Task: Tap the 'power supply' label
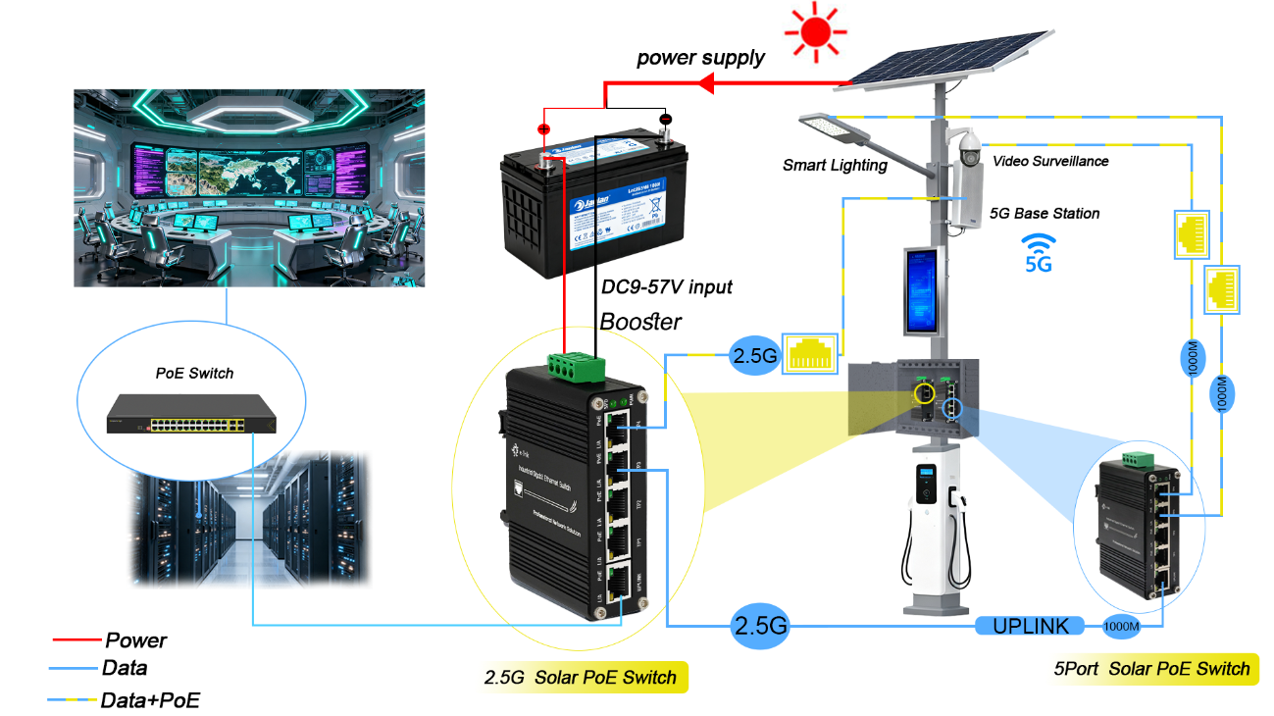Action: pyautogui.click(x=700, y=58)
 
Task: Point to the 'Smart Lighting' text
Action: pyautogui.click(x=835, y=166)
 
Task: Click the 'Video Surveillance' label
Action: pyautogui.click(x=1050, y=161)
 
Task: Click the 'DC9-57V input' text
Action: pyautogui.click(x=666, y=287)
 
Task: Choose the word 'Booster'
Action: pyautogui.click(x=640, y=321)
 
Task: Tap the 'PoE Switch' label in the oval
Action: pyautogui.click(x=195, y=373)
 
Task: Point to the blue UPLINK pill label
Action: pyautogui.click(x=1030, y=626)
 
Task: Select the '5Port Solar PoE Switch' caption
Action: pyautogui.click(x=1151, y=669)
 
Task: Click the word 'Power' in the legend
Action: pyautogui.click(x=135, y=640)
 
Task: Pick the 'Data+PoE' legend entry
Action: pyautogui.click(x=150, y=700)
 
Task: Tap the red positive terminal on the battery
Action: pyautogui.click(x=544, y=129)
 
